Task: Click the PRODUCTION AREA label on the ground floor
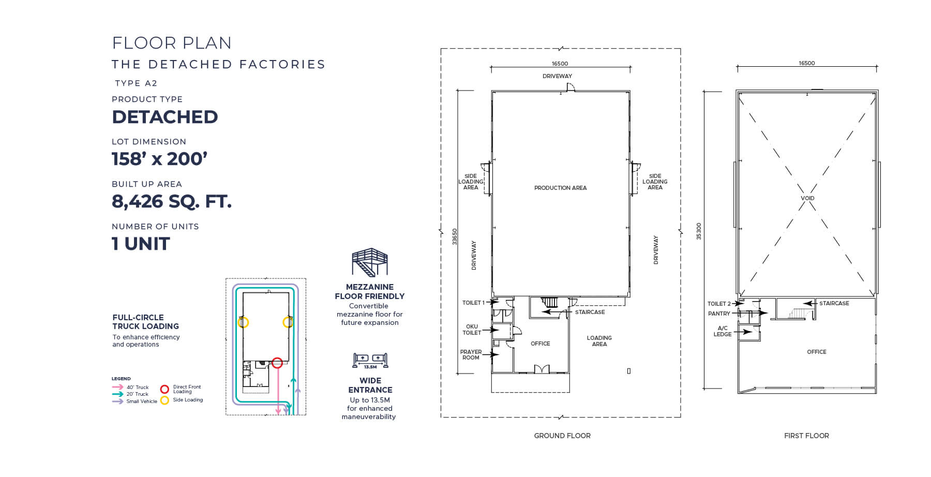560,188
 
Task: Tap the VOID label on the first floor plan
807,198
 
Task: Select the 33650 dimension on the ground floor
455,236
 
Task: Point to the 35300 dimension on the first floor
699,231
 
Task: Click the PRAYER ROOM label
471,354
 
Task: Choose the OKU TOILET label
471,330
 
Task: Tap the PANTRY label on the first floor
719,314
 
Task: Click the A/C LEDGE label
723,331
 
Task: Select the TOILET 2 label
719,304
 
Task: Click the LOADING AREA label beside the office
599,341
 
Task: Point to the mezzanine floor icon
369,262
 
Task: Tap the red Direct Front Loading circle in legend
164,389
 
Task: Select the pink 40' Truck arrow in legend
117,387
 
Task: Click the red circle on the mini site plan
277,363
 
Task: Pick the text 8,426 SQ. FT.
171,201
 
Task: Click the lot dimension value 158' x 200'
159,159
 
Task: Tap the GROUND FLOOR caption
562,436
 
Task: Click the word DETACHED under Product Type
164,117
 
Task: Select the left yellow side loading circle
243,322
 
